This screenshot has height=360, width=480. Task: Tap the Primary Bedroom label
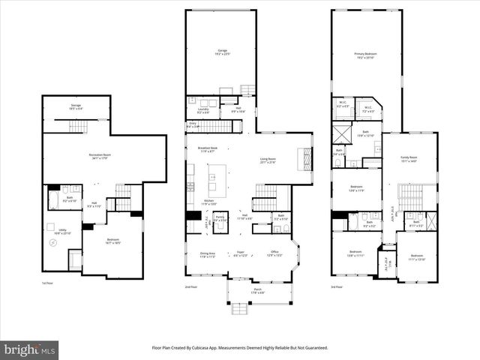[x=365, y=55]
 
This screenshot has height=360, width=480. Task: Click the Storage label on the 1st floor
[x=76, y=106]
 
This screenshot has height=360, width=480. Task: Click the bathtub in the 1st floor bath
[x=53, y=200]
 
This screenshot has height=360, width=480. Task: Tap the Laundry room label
[x=202, y=111]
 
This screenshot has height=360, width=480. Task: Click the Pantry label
[x=220, y=218]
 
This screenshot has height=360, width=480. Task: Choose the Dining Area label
[x=208, y=255]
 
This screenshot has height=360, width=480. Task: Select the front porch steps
[x=239, y=308]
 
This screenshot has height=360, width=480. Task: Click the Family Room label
[x=409, y=157]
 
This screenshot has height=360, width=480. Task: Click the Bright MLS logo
[x=29, y=349]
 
